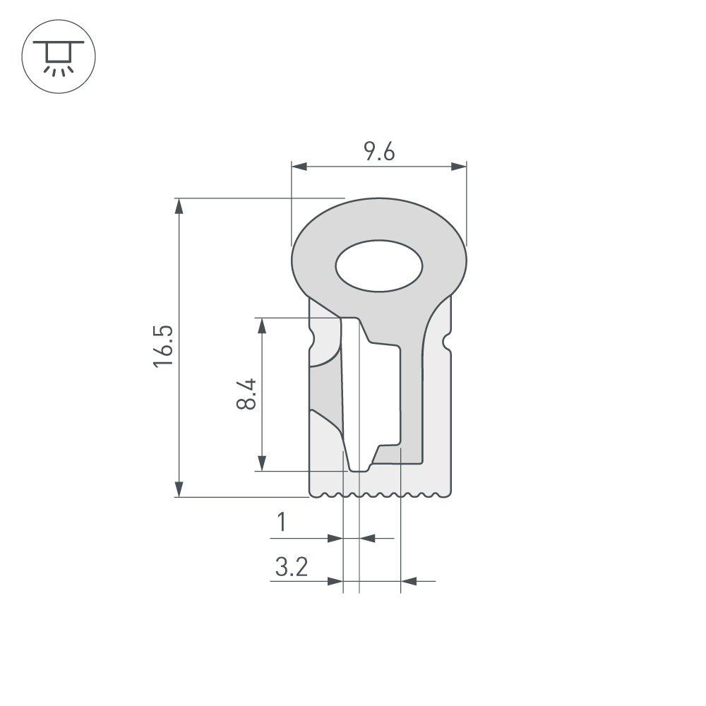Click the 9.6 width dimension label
pyautogui.click(x=378, y=152)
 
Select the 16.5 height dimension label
pyautogui.click(x=163, y=346)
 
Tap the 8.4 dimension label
pyautogui.click(x=246, y=394)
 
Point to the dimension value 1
pyautogui.click(x=282, y=523)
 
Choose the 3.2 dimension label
pyautogui.click(x=291, y=566)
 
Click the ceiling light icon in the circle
pyautogui.click(x=59, y=57)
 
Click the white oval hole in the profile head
pyautogui.click(x=379, y=268)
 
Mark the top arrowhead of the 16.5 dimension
pyautogui.click(x=179, y=205)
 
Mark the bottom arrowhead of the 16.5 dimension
pyautogui.click(x=179, y=489)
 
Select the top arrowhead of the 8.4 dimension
pyautogui.click(x=262, y=325)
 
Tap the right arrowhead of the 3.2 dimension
pyautogui.click(x=408, y=582)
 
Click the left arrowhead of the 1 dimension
pyautogui.click(x=336, y=539)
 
